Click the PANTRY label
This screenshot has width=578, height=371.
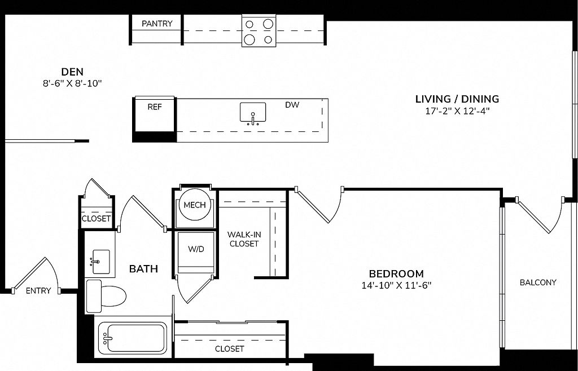click(x=157, y=24)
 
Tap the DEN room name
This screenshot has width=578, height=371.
click(x=72, y=72)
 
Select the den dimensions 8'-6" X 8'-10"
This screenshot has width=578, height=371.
click(x=72, y=83)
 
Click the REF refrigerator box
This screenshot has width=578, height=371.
click(x=155, y=114)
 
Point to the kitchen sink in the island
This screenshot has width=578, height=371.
click(x=253, y=113)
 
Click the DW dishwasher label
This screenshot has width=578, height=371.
click(x=292, y=105)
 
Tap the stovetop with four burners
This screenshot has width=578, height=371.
click(x=259, y=31)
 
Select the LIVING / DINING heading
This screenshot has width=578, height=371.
click(x=457, y=99)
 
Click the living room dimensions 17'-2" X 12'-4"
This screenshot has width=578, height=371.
click(x=457, y=111)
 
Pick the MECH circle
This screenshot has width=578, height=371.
click(x=195, y=205)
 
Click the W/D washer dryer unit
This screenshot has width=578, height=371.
click(x=196, y=253)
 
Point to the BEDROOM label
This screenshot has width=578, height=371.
click(x=396, y=274)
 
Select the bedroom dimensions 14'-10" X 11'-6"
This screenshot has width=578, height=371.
click(x=396, y=286)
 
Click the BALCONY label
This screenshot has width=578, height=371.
click(x=538, y=282)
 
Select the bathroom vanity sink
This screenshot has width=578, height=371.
click(x=100, y=262)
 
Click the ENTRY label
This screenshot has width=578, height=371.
click(x=38, y=291)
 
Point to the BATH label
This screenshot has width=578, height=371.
click(x=143, y=269)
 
